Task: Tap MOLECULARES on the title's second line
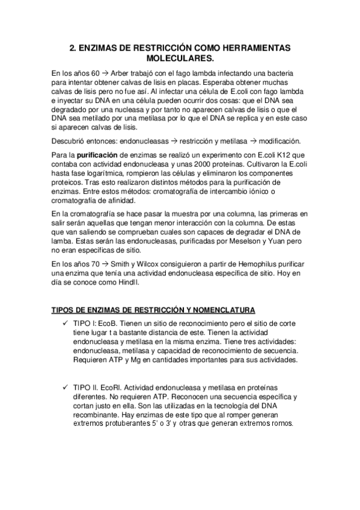tap(180, 59)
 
